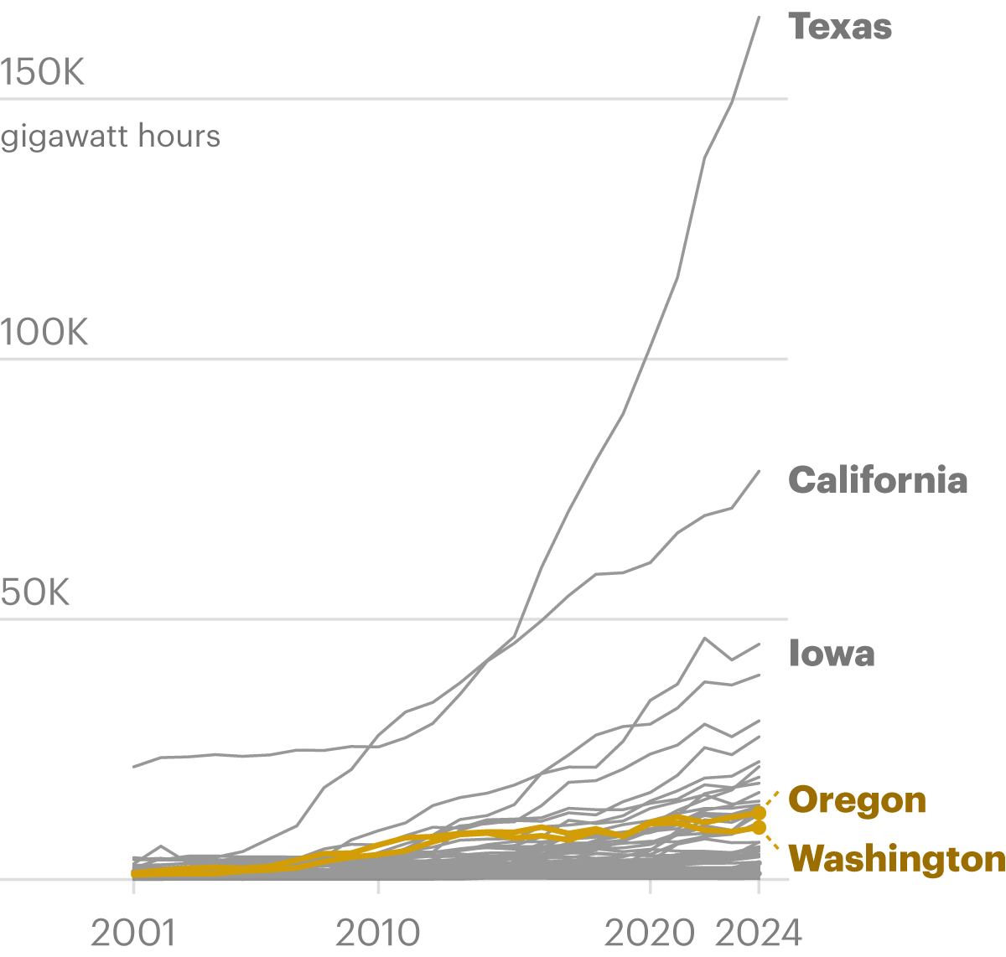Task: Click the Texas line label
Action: tap(840, 27)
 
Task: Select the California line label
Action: tap(878, 480)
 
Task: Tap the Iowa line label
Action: tap(832, 654)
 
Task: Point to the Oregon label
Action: tap(858, 800)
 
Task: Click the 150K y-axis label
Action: tap(43, 74)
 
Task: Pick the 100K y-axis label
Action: tap(44, 334)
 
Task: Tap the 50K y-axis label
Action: tap(35, 593)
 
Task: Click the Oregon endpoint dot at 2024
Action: tap(759, 812)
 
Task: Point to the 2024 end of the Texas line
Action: tap(759, 17)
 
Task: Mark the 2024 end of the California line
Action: tap(759, 471)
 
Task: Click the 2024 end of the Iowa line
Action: tap(759, 644)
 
